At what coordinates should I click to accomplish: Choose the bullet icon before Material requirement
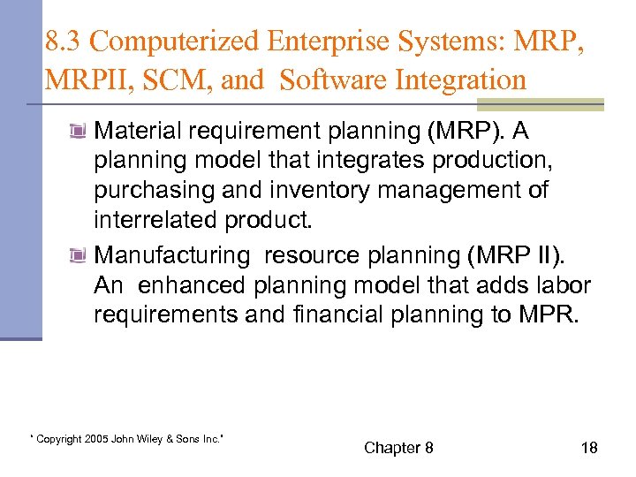click(x=79, y=132)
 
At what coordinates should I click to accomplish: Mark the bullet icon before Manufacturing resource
click(x=79, y=256)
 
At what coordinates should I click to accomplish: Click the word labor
click(x=566, y=286)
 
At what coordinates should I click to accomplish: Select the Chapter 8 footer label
click(x=398, y=448)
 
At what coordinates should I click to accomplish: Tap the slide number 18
click(x=589, y=448)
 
